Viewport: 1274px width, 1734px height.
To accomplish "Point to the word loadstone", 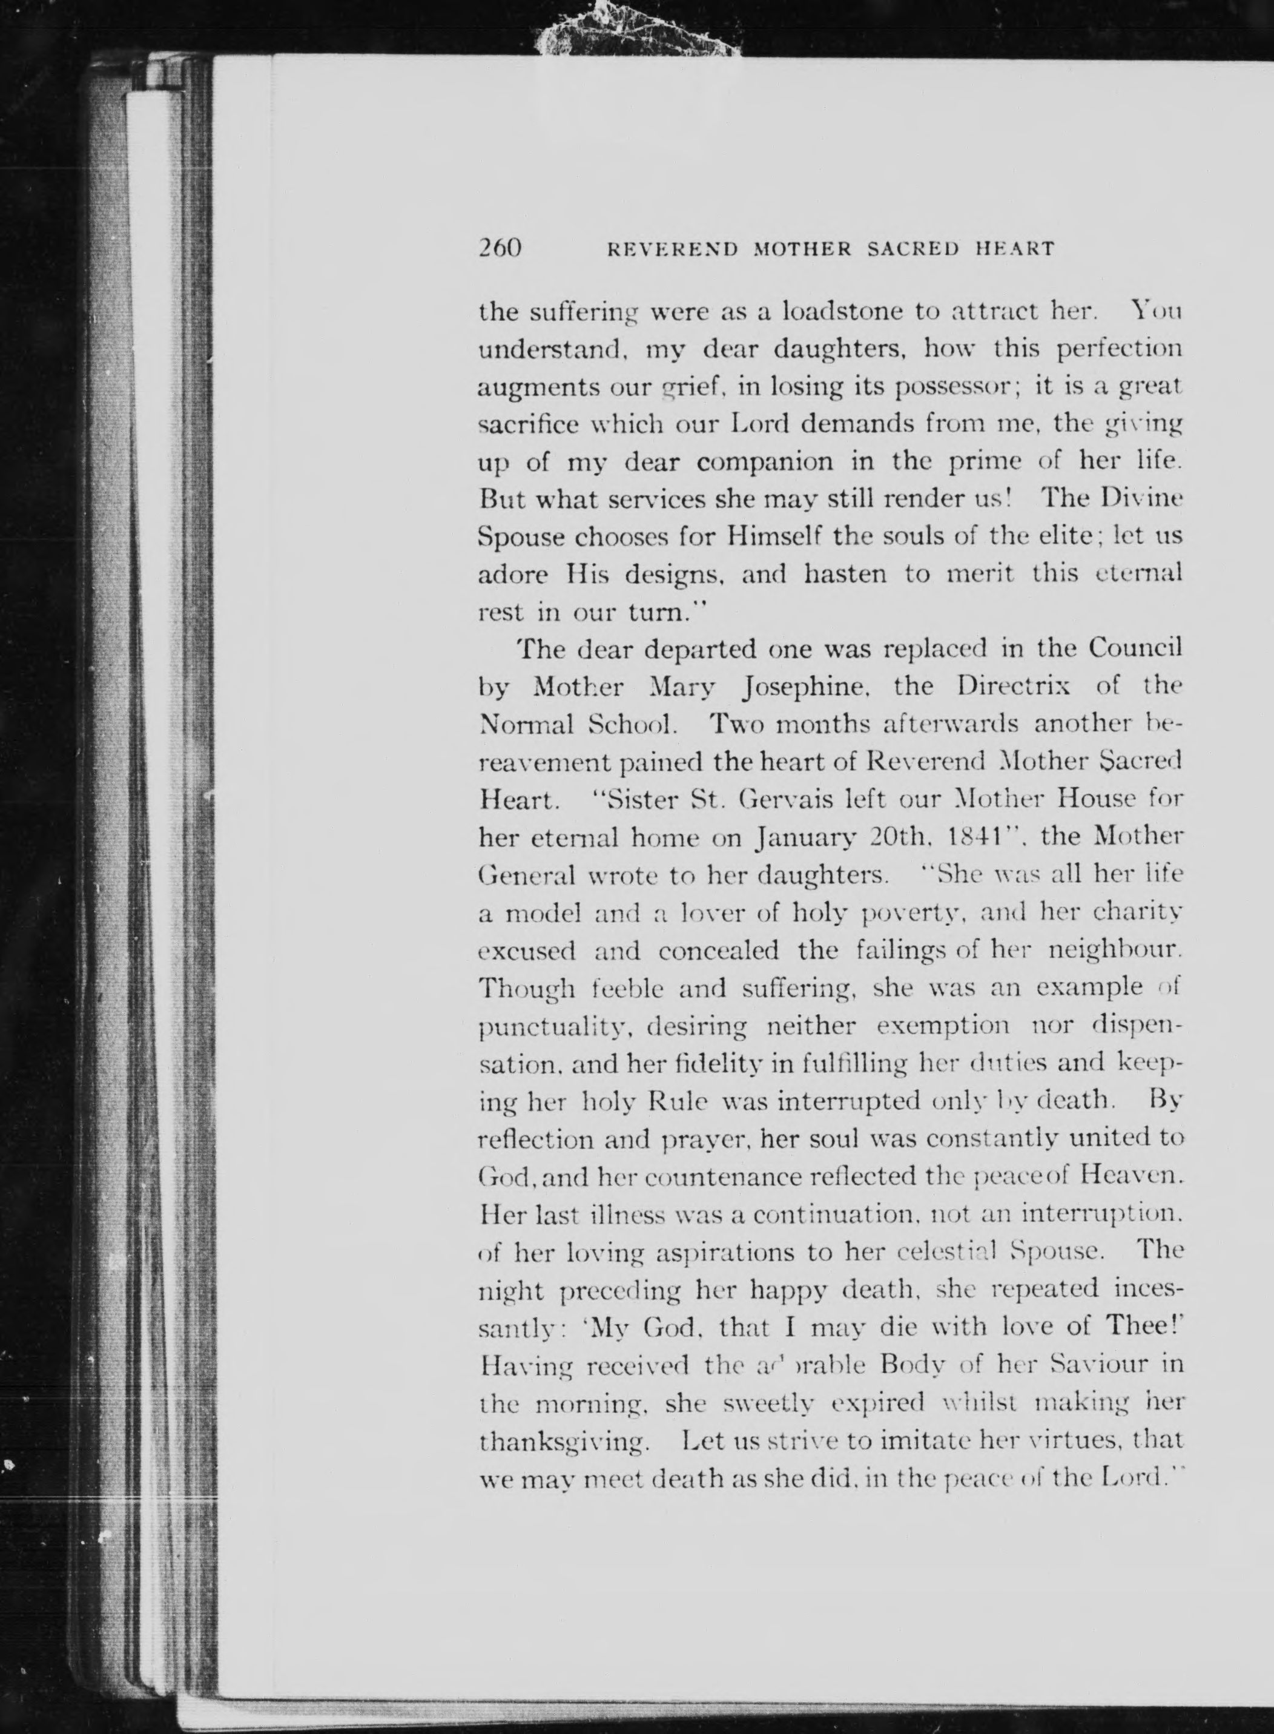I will tap(843, 312).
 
